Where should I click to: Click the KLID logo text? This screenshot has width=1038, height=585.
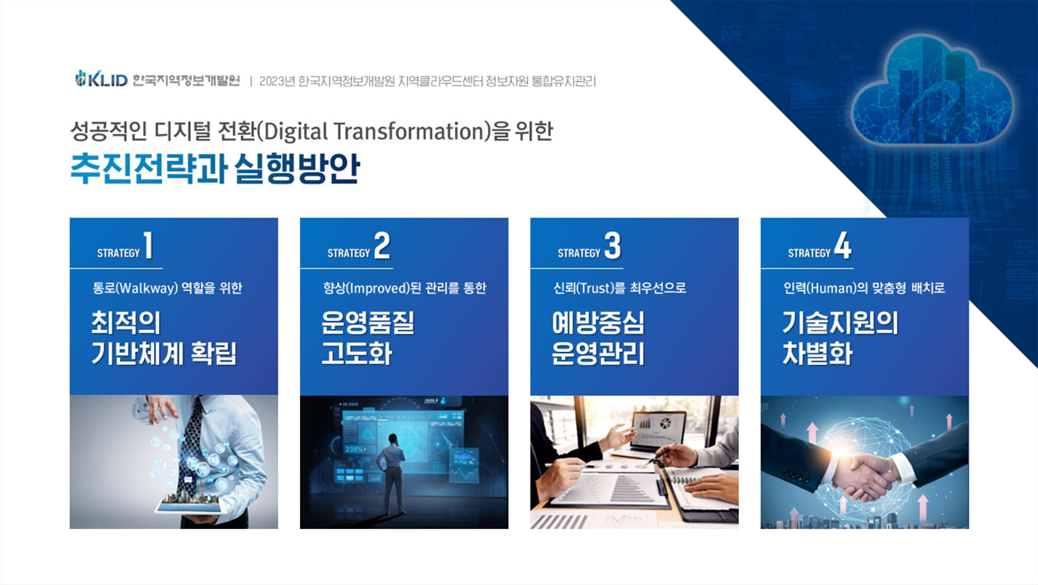pos(108,80)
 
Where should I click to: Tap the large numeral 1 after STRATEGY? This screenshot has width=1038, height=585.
pos(148,246)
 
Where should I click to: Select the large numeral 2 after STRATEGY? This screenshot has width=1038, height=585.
pos(382,246)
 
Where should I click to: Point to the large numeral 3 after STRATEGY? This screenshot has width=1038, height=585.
pos(613,246)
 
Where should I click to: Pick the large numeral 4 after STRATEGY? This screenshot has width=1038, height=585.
pos(843,246)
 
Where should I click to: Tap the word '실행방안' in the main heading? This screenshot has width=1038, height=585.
pos(297,168)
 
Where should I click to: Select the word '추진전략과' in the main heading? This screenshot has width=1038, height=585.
pos(149,168)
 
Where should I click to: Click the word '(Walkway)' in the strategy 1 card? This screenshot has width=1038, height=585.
pos(147,288)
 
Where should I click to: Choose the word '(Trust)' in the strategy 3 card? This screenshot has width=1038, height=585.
pos(594,288)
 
